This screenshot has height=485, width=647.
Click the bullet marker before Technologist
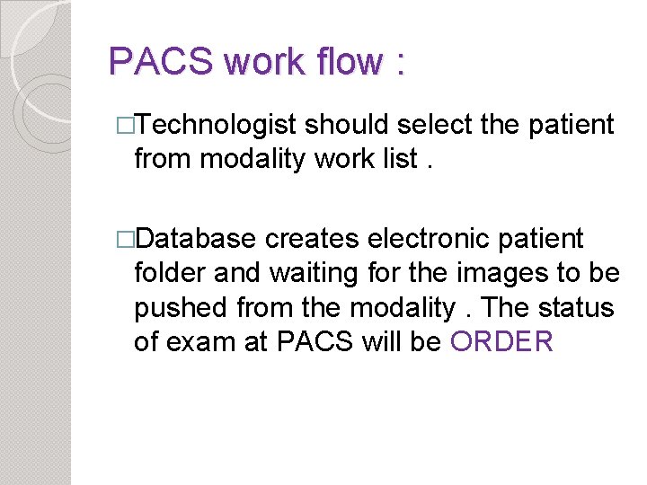(126, 125)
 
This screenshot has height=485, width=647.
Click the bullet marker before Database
(126, 239)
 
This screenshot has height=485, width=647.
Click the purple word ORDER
(502, 341)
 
